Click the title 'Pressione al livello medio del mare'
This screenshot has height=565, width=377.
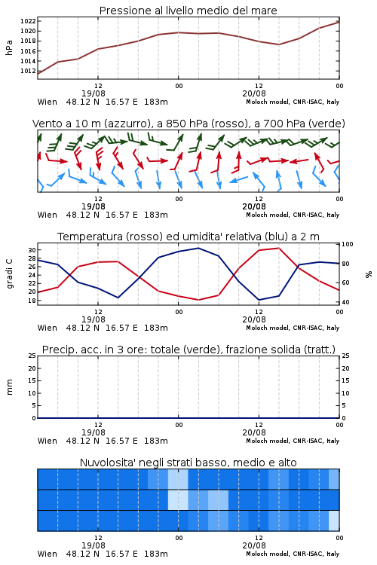pyautogui.click(x=188, y=11)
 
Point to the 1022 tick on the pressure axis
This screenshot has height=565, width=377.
pyautogui.click(x=28, y=21)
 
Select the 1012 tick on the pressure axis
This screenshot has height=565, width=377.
pyautogui.click(x=28, y=71)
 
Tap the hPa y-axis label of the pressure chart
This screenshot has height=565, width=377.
pyautogui.click(x=9, y=47)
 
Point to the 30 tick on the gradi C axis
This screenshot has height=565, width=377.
pyautogui.click(x=32, y=250)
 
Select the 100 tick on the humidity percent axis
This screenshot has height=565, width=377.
pyautogui.click(x=348, y=244)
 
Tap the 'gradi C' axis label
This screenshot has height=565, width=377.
pyautogui.click(x=9, y=273)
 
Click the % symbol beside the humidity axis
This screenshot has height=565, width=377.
pyautogui.click(x=369, y=274)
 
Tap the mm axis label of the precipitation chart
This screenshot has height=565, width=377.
pyautogui.click(x=9, y=387)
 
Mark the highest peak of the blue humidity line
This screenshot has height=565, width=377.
pyautogui.click(x=198, y=248)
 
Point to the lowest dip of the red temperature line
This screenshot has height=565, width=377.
pyautogui.click(x=198, y=300)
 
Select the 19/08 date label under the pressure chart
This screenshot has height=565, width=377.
pyautogui.click(x=93, y=93)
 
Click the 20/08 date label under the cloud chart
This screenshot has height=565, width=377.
pyautogui.click(x=254, y=545)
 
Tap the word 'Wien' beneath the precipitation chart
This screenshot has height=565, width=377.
pyautogui.click(x=48, y=441)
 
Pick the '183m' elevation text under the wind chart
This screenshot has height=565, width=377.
pyautogui.click(x=156, y=215)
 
